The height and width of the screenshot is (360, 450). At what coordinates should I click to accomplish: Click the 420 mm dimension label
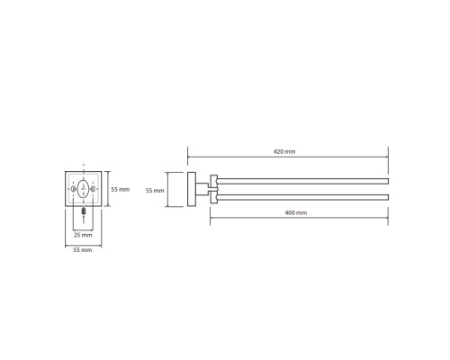284,151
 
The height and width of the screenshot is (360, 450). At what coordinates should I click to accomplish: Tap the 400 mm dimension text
296,212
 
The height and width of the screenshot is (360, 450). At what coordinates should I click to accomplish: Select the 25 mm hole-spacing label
83,235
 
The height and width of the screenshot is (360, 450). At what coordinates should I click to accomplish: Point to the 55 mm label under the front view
83,250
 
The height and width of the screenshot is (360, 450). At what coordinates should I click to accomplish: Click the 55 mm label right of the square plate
121,189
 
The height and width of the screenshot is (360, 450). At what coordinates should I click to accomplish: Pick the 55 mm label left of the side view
155,191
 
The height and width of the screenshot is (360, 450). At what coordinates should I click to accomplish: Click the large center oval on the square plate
83,189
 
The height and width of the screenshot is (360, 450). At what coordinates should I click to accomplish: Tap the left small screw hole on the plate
73,189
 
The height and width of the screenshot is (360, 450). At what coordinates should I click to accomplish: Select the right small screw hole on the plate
94,189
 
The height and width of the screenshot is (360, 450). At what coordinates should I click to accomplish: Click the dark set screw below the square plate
84,211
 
